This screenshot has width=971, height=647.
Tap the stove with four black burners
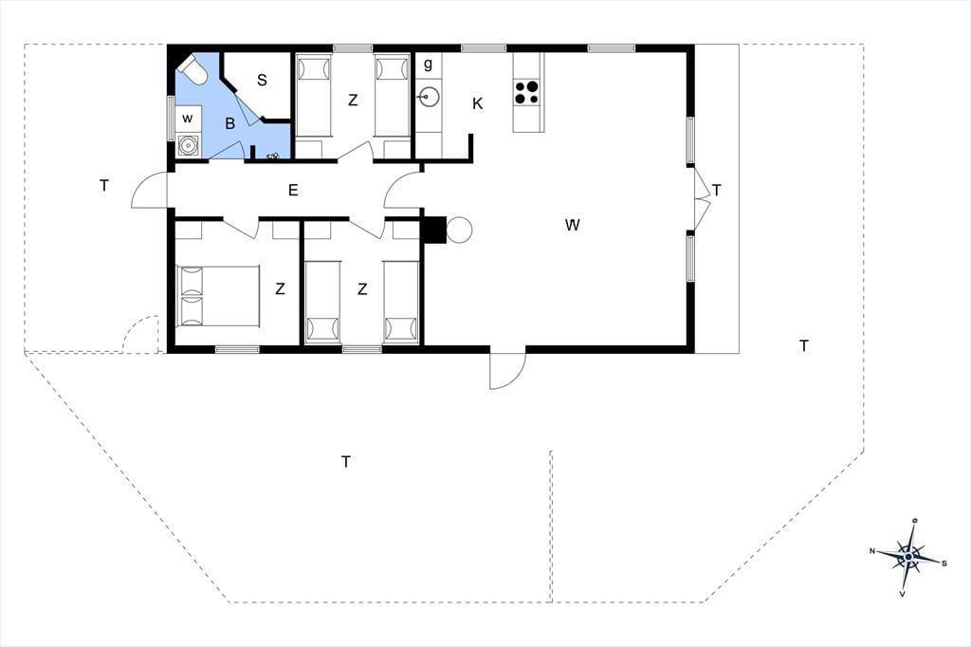[x=527, y=93]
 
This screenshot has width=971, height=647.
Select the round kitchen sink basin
[x=428, y=97]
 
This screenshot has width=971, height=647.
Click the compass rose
[x=907, y=557]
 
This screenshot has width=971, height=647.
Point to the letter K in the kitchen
[x=478, y=103]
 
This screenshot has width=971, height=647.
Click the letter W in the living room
[x=572, y=225]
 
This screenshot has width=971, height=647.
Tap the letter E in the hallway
[x=293, y=190]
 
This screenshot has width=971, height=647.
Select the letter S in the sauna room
[x=262, y=80]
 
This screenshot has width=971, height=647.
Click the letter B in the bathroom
[x=229, y=123]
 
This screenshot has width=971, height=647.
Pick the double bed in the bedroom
[x=218, y=296]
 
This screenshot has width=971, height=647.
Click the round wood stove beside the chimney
[x=459, y=230]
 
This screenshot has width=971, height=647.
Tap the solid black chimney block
[x=434, y=230]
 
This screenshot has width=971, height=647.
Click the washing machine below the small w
[x=187, y=145]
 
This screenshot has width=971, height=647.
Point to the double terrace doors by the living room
[x=700, y=198]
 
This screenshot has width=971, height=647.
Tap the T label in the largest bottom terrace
[x=346, y=462]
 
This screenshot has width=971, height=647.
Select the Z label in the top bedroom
[x=353, y=100]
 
